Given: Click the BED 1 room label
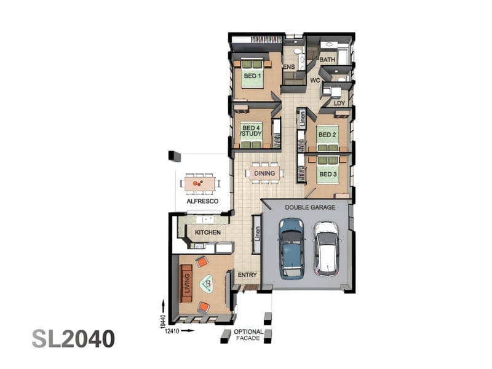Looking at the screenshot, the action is [x=252, y=76].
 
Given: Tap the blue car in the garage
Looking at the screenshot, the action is [x=292, y=248].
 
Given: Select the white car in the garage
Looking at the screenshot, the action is [x=327, y=249].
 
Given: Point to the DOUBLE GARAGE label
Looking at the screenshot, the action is [x=310, y=207].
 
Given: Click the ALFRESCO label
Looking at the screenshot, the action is [x=202, y=201].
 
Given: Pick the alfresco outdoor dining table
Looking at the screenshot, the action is [x=199, y=183].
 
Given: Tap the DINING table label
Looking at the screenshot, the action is [x=264, y=173].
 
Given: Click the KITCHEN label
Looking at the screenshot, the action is [x=208, y=232].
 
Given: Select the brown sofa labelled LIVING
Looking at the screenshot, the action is [x=186, y=284].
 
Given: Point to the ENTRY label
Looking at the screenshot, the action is [x=247, y=275].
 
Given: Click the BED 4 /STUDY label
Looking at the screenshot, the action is [x=252, y=131].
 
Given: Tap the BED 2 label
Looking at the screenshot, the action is [x=327, y=135].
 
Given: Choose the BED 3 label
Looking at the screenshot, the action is [x=328, y=174].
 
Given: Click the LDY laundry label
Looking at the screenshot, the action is [x=339, y=103].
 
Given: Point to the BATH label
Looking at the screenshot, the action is [x=327, y=60].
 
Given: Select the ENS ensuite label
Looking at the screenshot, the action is [x=289, y=66].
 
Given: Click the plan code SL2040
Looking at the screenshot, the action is [x=73, y=339].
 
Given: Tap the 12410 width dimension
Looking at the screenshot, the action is [x=172, y=331].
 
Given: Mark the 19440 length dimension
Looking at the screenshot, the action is [x=163, y=322].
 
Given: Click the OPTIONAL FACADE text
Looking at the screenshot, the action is [x=248, y=335].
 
